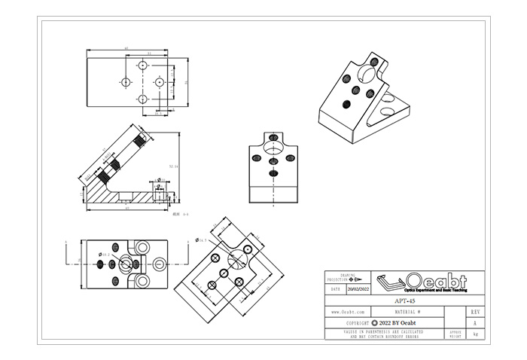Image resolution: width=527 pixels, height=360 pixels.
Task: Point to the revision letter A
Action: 474,322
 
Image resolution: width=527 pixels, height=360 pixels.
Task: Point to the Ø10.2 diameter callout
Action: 105,255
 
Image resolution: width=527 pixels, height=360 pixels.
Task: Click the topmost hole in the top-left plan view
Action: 142,65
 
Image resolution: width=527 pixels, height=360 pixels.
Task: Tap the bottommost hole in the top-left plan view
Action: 142,99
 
